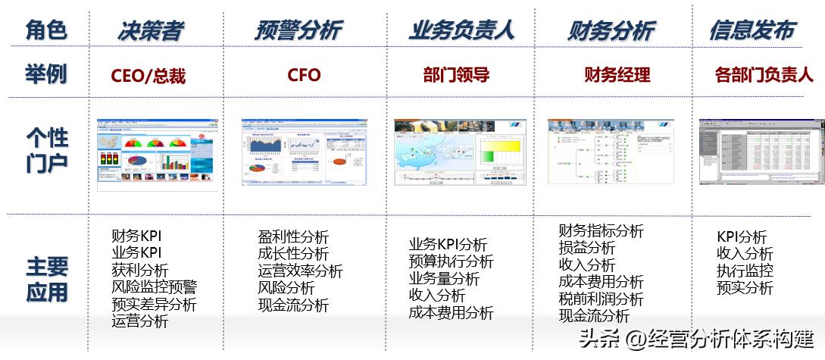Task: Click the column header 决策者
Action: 150,30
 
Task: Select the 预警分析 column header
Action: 298,30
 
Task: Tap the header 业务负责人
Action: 461,30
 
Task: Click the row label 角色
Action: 45,30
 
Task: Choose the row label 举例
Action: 45,74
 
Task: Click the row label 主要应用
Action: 47,279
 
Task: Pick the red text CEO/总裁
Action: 148,76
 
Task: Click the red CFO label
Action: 304,75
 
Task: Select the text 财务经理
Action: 617,75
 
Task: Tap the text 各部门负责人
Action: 764,75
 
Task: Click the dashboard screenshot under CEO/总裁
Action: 157,155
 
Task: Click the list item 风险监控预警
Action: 154,287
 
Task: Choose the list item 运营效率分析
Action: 300,271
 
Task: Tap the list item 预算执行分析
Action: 451,261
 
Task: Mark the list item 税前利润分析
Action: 601,299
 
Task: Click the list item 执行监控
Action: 745,271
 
